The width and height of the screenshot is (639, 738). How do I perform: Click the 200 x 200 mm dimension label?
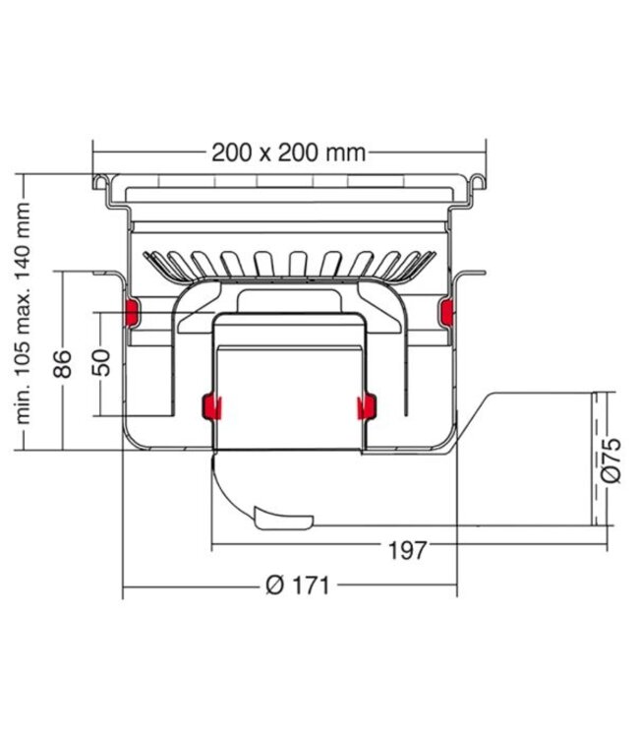(288, 153)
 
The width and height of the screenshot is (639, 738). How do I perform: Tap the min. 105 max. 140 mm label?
(23, 314)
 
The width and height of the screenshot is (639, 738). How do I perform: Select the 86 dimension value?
(63, 364)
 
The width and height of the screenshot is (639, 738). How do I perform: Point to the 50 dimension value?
(101, 362)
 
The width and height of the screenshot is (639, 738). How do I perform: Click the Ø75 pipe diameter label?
(610, 461)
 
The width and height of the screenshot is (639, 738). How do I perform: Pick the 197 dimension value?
(408, 550)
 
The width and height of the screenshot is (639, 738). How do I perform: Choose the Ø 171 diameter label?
(297, 585)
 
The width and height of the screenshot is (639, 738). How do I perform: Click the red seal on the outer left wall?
(131, 312)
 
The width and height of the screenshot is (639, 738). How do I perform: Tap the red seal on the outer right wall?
(446, 312)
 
